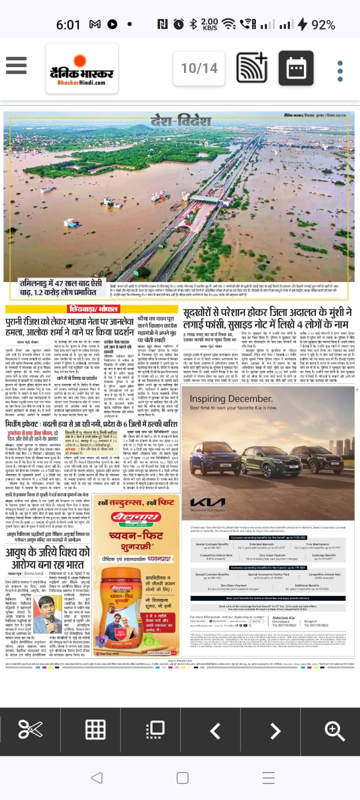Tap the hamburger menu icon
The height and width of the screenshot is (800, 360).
pos(16,65)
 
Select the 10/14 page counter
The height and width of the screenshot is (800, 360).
pos(199,68)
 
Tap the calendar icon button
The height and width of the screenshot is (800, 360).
pos(296,68)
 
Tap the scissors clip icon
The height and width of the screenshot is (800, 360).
pos(30,730)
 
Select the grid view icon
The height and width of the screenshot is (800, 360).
pos(95,730)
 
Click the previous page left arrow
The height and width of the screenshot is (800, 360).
pos(215,731)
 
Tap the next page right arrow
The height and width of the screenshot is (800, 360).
pos(275,731)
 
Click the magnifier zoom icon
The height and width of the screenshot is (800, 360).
pos(334,730)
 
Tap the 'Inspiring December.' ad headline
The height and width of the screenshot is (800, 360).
pos(231,398)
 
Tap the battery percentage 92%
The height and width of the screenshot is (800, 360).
pos(323,24)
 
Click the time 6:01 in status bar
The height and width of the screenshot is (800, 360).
pos(68,24)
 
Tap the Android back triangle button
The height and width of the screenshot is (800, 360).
pos(96,777)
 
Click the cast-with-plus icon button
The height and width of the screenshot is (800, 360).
pos(252,68)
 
